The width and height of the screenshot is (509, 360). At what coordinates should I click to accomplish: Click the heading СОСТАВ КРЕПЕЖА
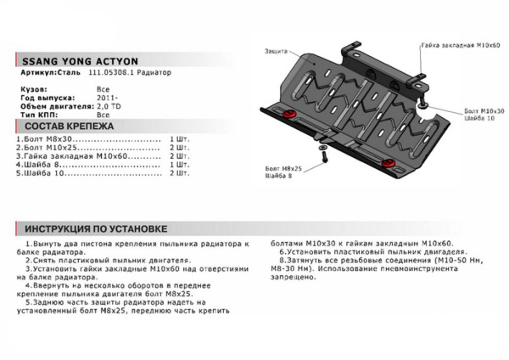pos(64,124)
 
